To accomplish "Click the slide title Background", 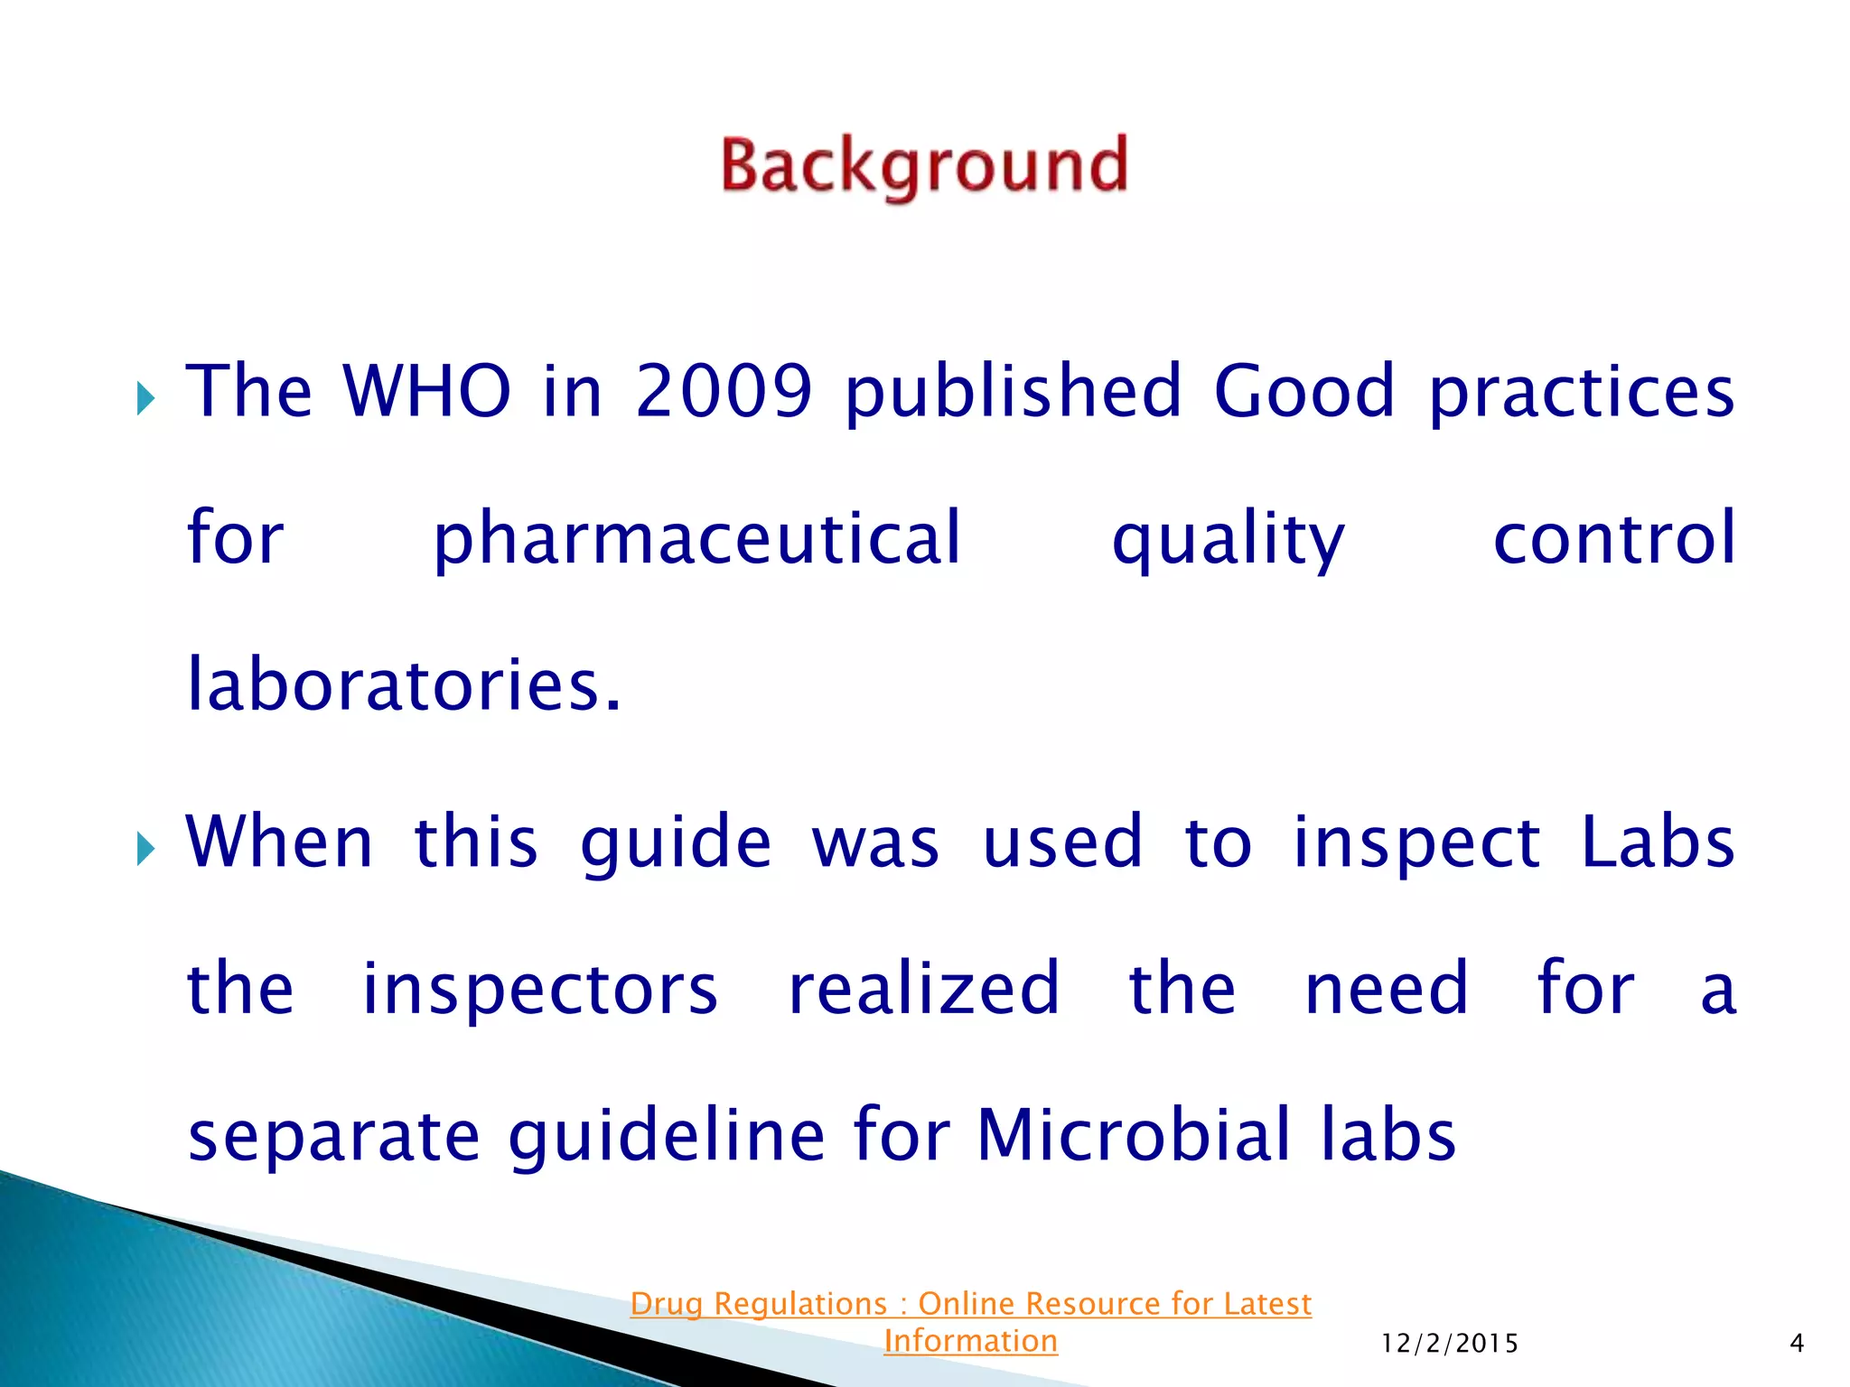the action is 924,167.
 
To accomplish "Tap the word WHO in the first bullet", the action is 427,391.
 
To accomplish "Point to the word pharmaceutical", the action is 697,540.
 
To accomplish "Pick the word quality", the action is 1228,540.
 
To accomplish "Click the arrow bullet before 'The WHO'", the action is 145,397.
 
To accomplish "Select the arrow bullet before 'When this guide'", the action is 145,848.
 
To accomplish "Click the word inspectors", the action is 540,990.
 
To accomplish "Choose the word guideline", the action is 668,1136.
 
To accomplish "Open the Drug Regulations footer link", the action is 971,1322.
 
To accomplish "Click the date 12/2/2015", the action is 1450,1344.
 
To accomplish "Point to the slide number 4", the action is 1797,1344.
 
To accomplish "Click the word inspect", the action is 1416,843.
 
